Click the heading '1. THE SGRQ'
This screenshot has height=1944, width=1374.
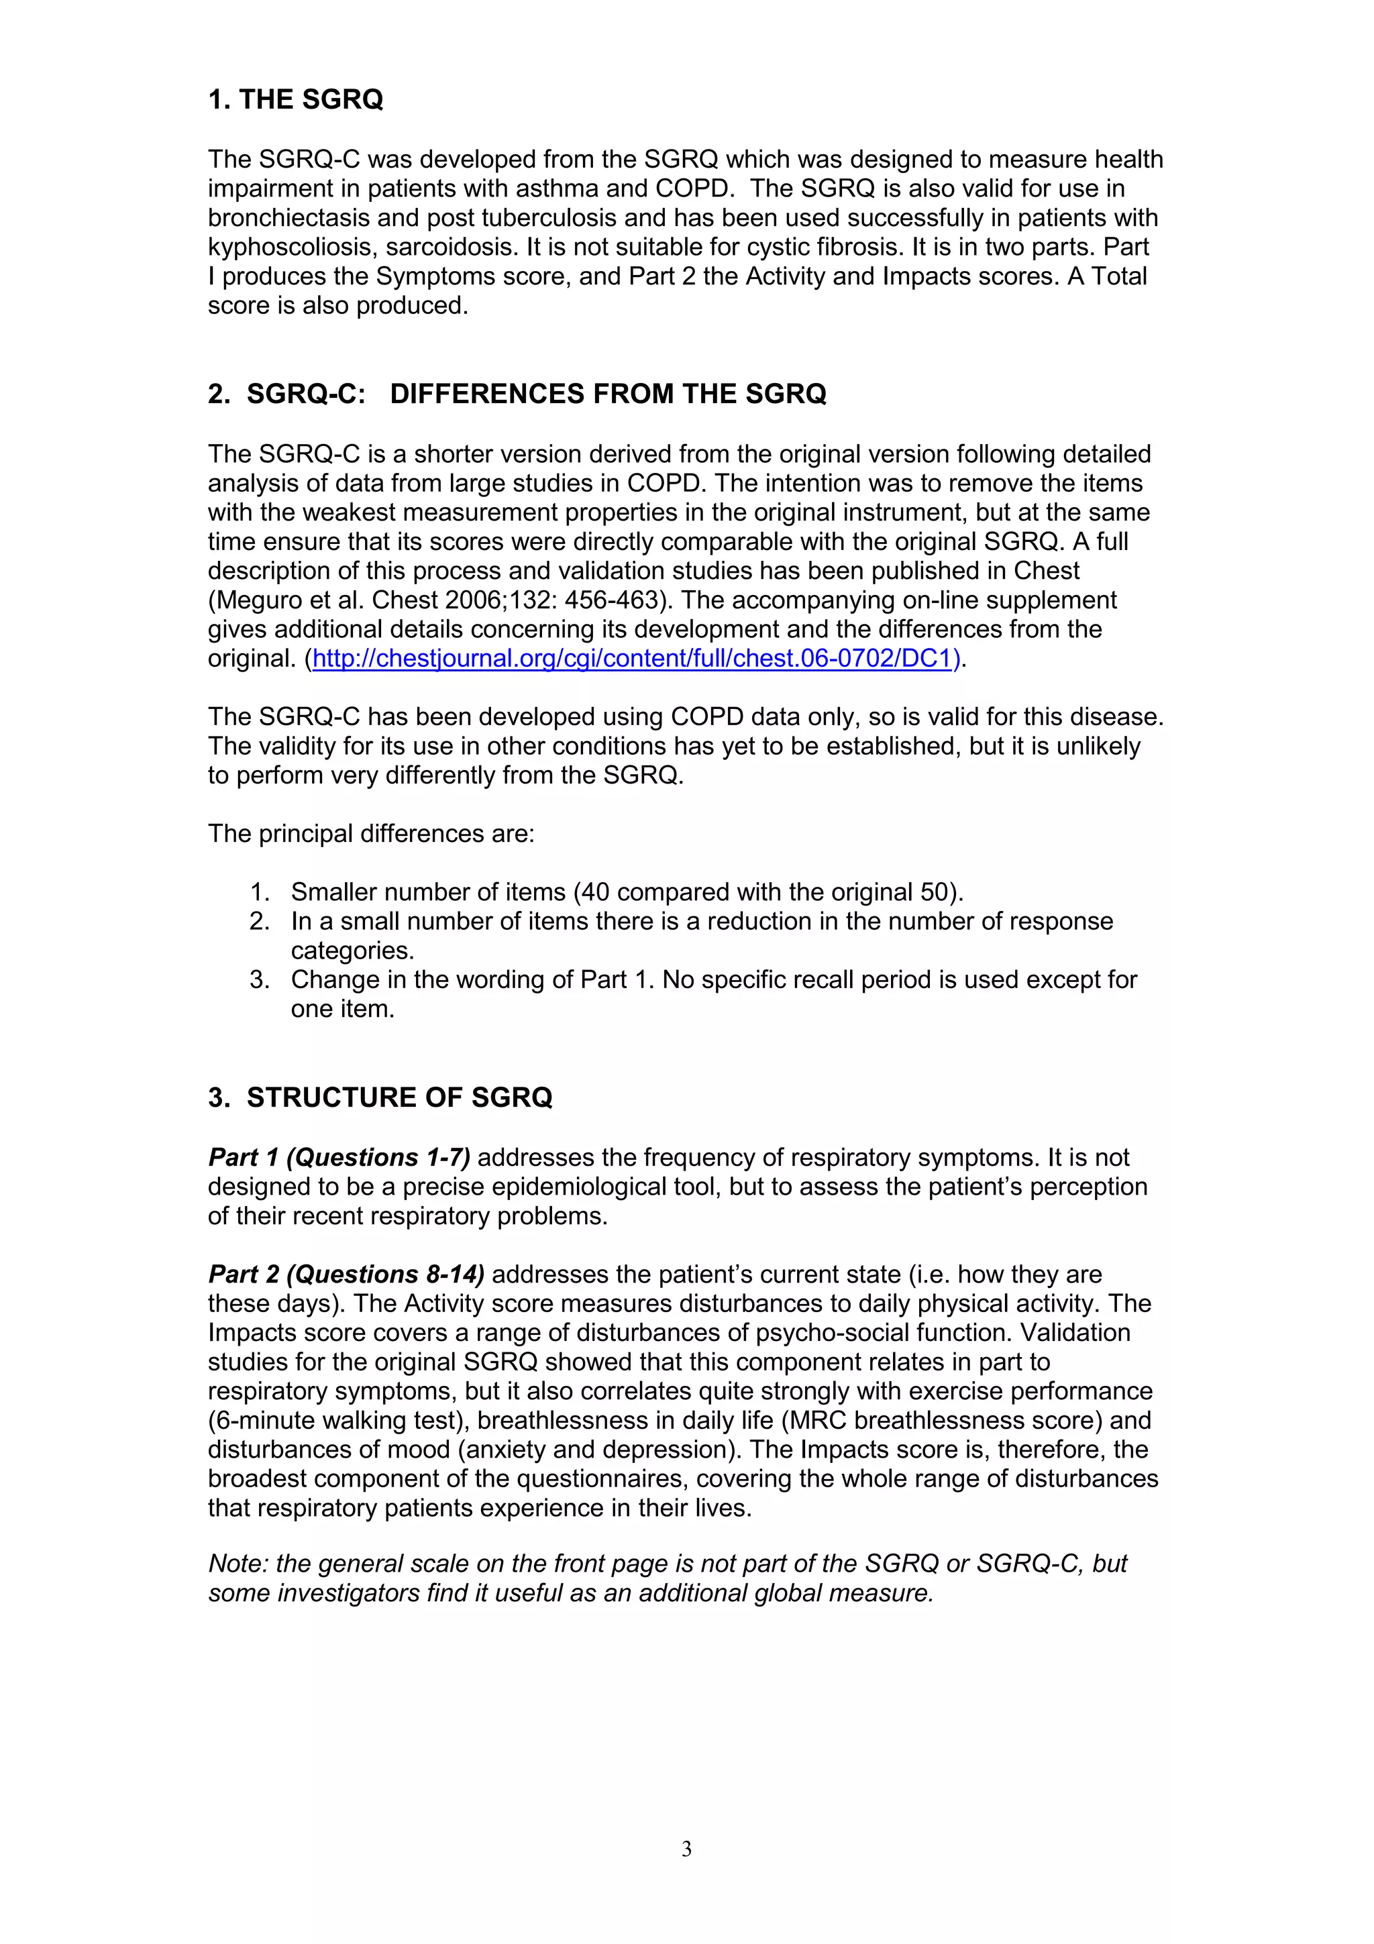295,100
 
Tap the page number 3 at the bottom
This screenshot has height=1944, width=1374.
686,1849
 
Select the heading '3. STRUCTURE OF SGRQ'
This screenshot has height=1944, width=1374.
380,1097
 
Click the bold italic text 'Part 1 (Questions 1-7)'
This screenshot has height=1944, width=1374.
339,1156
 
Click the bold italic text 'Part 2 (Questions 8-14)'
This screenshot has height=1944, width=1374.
346,1275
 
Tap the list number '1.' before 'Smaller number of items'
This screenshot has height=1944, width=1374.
260,892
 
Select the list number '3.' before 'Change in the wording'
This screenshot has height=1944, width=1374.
260,979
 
